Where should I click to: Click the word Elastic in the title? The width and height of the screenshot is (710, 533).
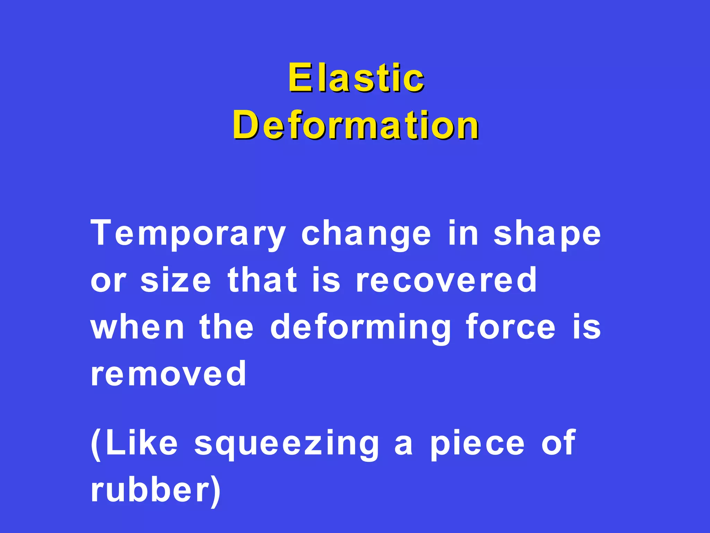pos(356,78)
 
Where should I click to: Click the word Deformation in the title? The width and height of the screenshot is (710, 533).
pos(356,125)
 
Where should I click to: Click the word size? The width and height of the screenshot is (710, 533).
pos(176,280)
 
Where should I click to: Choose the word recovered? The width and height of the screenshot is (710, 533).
pos(447,280)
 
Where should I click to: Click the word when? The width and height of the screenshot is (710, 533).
pos(137,327)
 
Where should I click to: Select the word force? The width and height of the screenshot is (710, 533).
pos(511,327)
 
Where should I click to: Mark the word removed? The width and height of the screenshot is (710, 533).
pos(168,374)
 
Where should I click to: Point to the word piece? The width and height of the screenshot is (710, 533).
pos(477,444)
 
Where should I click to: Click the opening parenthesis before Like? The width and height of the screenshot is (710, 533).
pos(96,445)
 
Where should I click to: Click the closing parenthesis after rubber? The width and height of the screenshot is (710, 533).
pos(216,491)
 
